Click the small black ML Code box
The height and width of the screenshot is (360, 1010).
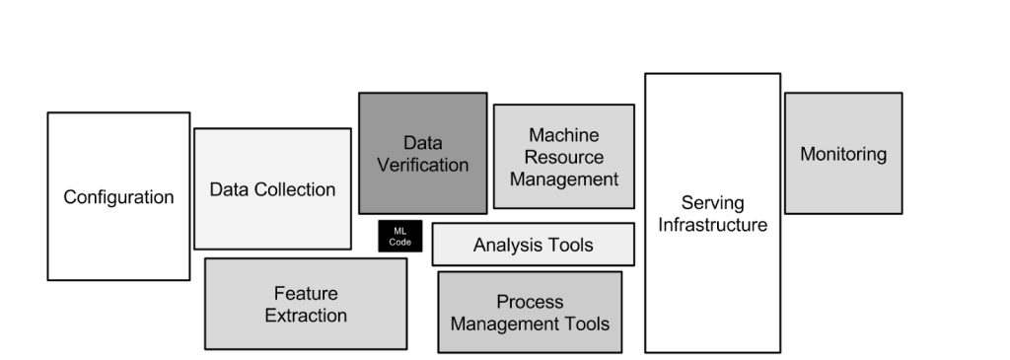tap(400, 237)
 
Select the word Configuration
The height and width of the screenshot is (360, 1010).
tap(118, 197)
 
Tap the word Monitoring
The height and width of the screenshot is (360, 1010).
tap(842, 155)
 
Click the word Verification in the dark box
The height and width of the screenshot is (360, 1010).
tap(422, 165)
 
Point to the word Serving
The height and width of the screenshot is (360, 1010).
tap(712, 203)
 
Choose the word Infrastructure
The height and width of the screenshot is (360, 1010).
tap(712, 225)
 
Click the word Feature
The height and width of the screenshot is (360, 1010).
tap(305, 294)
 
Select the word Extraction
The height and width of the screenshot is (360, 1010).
tap(305, 316)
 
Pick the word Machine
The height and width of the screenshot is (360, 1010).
tap(563, 135)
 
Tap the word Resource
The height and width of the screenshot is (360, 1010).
tap(563, 157)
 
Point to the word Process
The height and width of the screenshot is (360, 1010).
tap(530, 302)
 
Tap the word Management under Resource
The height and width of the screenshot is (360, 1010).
tap(563, 179)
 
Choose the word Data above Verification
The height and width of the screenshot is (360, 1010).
tap(422, 143)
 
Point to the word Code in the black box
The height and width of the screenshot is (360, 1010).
tap(400, 242)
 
